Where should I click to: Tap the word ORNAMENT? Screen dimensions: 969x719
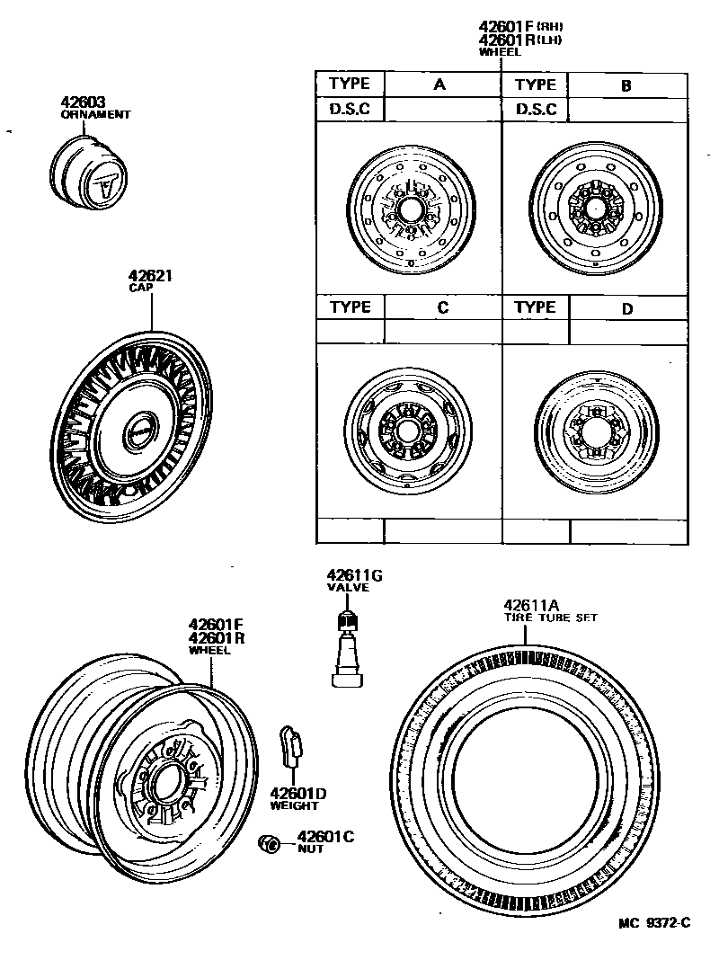(x=95, y=115)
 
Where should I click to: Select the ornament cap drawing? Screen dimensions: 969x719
(x=90, y=173)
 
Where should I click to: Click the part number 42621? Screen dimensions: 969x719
(x=150, y=276)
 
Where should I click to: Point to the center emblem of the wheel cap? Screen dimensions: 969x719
(x=139, y=430)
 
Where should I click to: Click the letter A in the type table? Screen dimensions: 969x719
(x=440, y=84)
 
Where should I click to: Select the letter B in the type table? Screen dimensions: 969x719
(x=626, y=85)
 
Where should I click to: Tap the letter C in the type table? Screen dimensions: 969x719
(x=442, y=307)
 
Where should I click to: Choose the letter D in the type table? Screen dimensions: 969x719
(x=627, y=308)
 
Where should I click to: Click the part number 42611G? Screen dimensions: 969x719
(x=354, y=575)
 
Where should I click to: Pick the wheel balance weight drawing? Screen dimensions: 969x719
(x=291, y=747)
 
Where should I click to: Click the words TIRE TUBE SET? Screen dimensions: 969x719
(x=550, y=618)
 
